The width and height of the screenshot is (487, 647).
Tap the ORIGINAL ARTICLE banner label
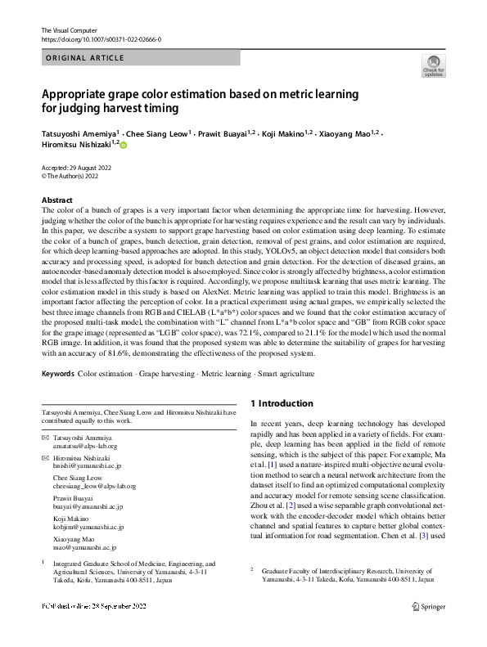pyautogui.click(x=85, y=58)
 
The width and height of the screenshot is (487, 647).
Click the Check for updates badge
pyautogui.click(x=432, y=65)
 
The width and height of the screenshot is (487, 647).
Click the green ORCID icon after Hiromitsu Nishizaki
pyautogui.click(x=124, y=144)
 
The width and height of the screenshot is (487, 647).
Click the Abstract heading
pyautogui.click(x=57, y=200)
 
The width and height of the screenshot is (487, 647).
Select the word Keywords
pyautogui.click(x=57, y=373)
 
